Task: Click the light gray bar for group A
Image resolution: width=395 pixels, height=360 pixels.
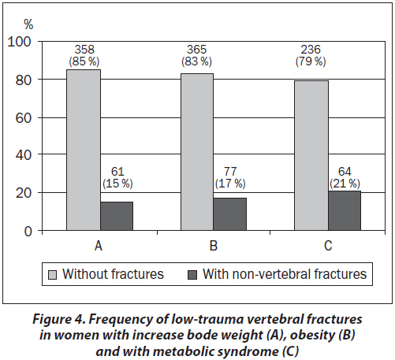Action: click(84, 150)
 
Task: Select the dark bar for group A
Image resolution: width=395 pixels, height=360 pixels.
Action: click(117, 216)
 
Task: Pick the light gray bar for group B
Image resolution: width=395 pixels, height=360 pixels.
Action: click(197, 152)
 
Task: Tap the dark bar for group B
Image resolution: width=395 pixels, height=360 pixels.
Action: click(230, 214)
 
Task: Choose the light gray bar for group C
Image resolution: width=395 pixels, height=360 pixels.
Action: click(311, 155)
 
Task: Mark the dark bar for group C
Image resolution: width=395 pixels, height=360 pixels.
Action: click(345, 210)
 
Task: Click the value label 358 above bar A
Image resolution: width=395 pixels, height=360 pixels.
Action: click(84, 50)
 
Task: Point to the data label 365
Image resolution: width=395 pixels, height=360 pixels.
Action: click(197, 50)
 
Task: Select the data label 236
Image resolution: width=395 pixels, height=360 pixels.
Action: click(311, 50)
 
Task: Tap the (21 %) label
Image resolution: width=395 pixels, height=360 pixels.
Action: click(345, 184)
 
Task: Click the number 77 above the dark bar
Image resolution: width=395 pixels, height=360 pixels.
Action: click(230, 172)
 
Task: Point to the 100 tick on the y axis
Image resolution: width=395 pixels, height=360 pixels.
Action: click(19, 42)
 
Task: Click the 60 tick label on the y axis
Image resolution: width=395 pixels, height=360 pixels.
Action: click(24, 118)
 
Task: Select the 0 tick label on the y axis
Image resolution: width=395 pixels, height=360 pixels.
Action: click(28, 232)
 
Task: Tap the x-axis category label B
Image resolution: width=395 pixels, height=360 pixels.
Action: click(214, 246)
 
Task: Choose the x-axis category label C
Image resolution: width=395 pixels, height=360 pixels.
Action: click(328, 246)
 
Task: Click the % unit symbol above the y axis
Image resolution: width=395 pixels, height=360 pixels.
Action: click(28, 25)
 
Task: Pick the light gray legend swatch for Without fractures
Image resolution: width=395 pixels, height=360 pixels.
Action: click(52, 275)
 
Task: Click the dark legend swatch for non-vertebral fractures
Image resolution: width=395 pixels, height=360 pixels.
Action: click(192, 275)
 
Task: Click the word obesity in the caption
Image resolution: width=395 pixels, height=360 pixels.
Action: click(313, 335)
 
